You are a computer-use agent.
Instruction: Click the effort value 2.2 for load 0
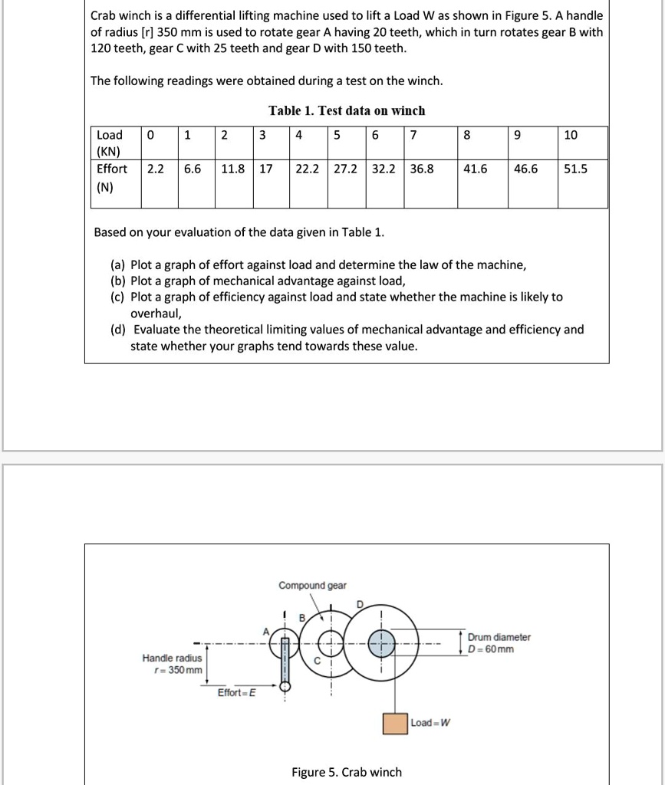[x=155, y=169]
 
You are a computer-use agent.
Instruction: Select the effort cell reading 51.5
[x=575, y=169]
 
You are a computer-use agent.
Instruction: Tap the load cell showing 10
[x=571, y=136]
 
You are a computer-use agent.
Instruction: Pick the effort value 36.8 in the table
[x=421, y=169]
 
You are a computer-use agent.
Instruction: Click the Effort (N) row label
[x=112, y=177]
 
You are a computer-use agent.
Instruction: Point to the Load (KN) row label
[x=109, y=143]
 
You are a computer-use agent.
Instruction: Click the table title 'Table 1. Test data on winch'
[x=347, y=110]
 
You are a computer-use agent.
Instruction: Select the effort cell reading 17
[x=266, y=169]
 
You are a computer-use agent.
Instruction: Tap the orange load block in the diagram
[x=395, y=724]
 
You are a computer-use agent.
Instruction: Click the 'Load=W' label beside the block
[x=430, y=722]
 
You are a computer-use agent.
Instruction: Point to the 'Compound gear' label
[x=312, y=586]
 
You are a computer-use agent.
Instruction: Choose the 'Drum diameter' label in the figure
[x=499, y=637]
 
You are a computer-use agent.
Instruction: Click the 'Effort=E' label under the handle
[x=237, y=693]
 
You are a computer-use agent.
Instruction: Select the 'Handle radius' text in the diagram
[x=173, y=658]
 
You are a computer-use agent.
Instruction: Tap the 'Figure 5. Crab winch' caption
[x=346, y=772]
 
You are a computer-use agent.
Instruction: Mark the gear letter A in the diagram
[x=267, y=632]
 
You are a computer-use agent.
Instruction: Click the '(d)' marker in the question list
[x=119, y=330]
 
